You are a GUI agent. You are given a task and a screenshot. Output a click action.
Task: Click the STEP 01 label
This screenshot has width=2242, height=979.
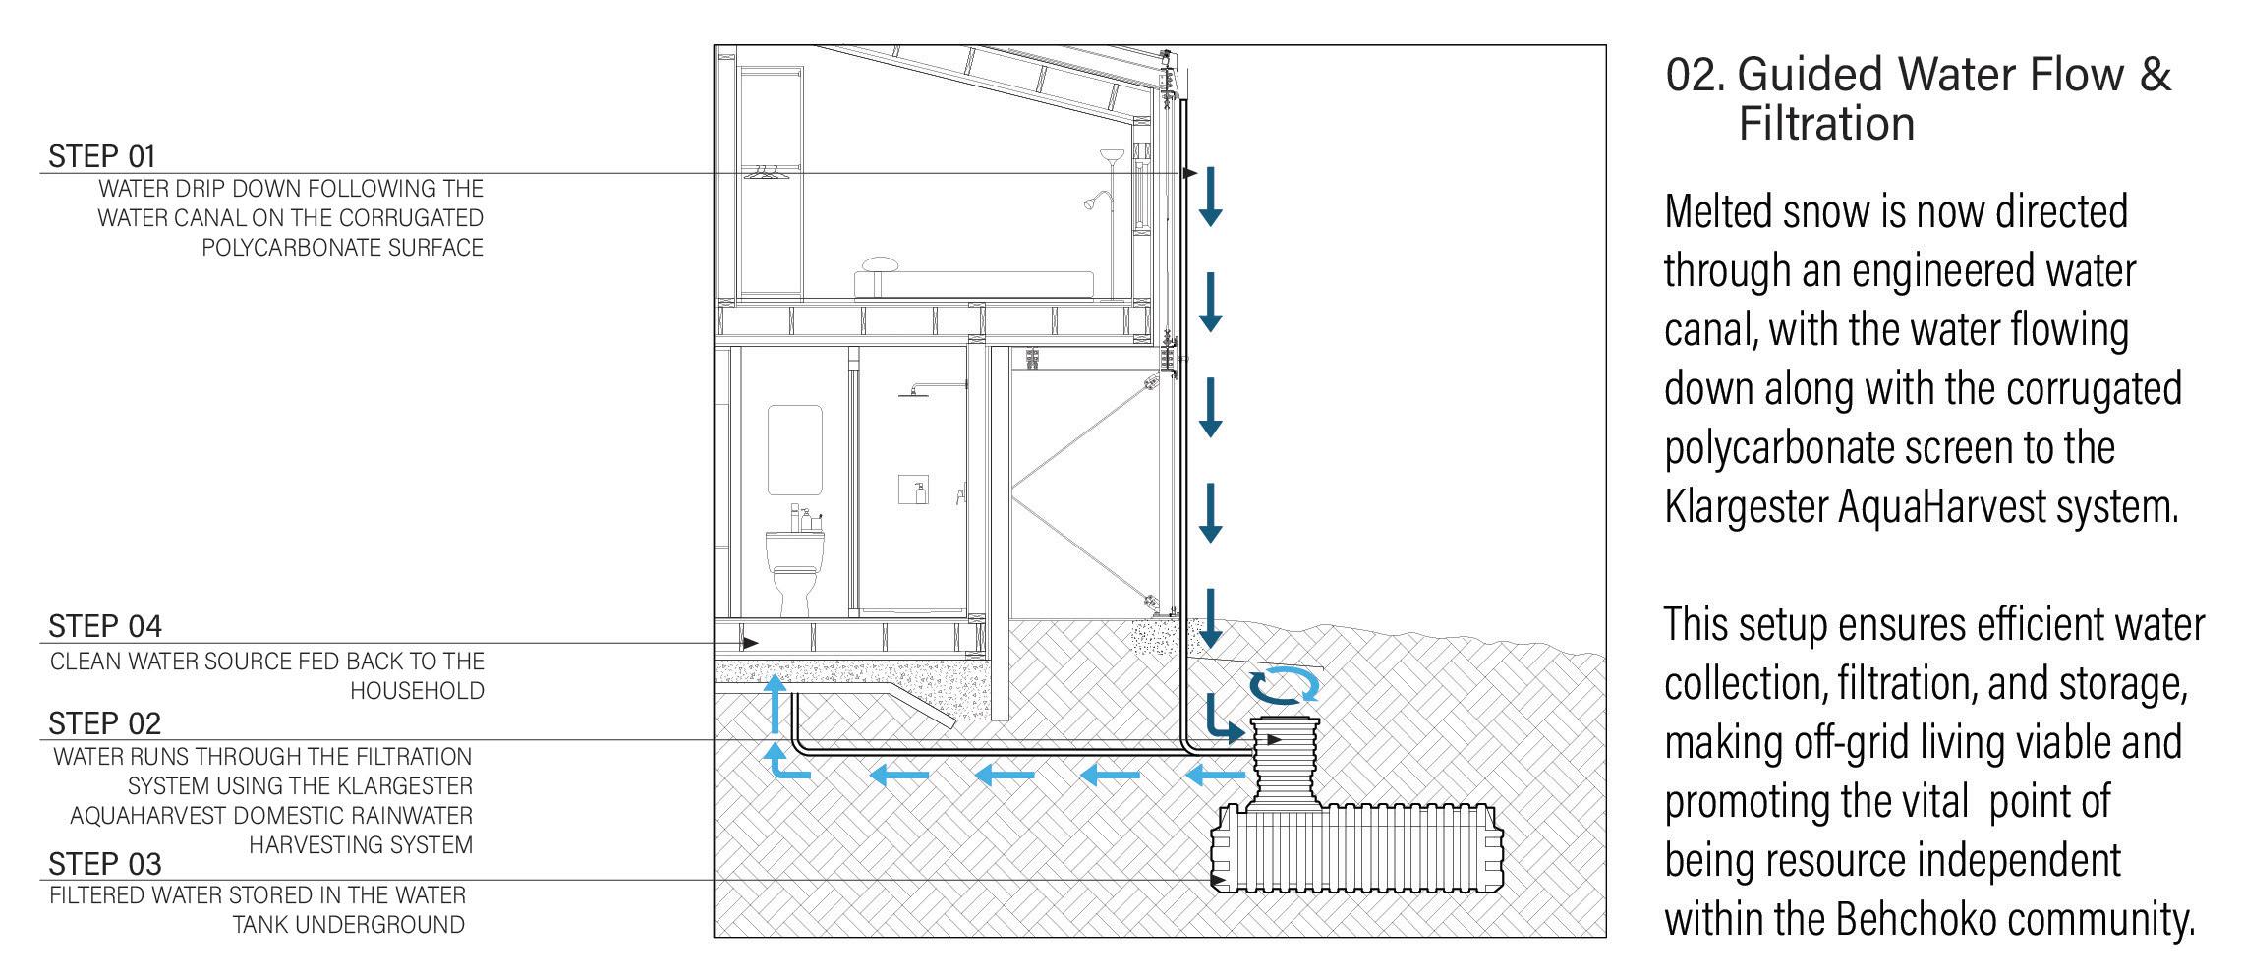[102, 156]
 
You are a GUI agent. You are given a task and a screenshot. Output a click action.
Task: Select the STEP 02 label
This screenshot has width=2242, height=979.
[105, 723]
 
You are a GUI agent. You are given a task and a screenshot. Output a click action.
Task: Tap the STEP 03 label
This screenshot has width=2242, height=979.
[105, 864]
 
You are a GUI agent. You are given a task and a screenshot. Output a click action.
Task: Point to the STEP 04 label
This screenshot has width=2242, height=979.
[105, 626]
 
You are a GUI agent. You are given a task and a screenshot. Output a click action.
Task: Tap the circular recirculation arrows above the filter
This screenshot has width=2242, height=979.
[1283, 685]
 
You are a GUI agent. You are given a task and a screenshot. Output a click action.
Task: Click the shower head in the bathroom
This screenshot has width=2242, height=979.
[914, 392]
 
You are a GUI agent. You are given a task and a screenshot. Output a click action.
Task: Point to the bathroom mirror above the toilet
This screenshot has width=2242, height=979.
[794, 448]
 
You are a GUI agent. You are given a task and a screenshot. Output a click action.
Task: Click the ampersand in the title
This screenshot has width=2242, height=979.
[2155, 75]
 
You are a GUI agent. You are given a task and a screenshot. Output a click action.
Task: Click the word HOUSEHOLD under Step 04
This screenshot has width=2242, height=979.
[417, 691]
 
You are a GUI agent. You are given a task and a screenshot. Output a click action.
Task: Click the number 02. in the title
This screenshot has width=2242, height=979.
[1694, 75]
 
